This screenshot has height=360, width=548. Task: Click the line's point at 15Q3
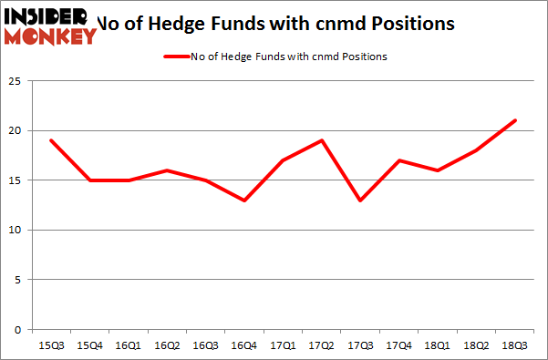[51, 140]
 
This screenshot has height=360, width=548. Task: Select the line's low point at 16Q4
[244, 201]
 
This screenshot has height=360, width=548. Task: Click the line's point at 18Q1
[438, 170]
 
